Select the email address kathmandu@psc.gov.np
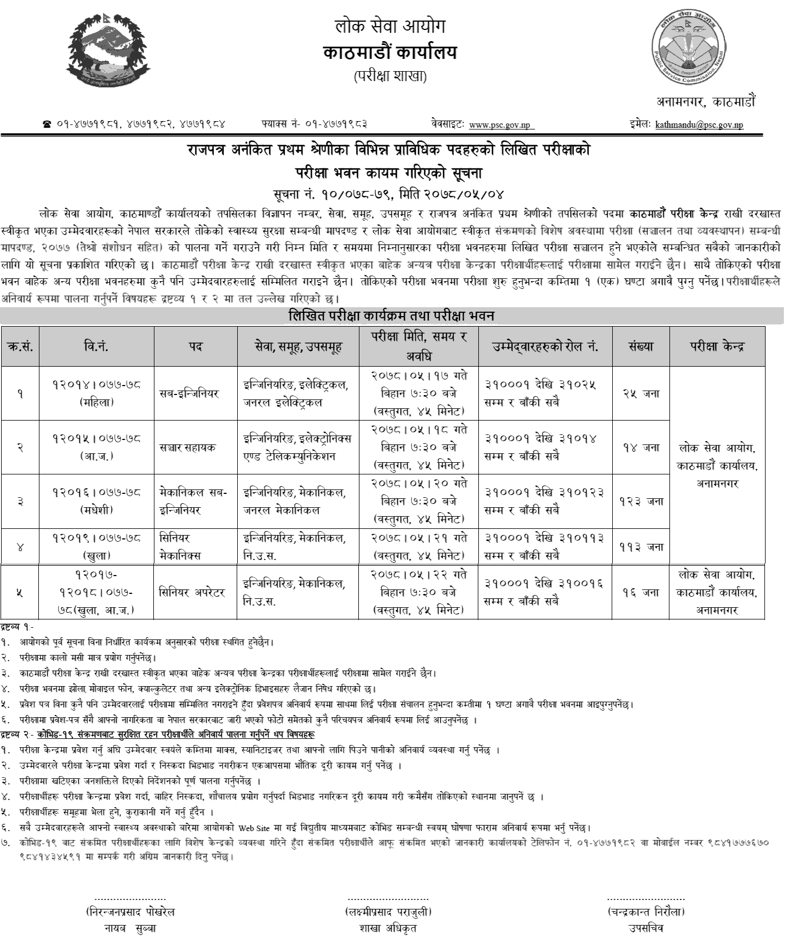699,125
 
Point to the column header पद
196,347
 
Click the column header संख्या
641,347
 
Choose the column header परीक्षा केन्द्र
717,347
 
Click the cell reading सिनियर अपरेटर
196,592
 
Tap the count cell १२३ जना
641,501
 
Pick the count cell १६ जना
641,592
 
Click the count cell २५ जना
641,393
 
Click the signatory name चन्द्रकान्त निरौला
646,912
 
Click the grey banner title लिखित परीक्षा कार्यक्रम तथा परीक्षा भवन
391,316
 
